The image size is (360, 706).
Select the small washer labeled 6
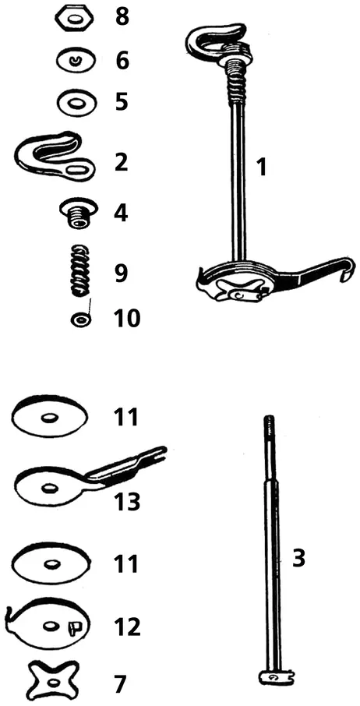point(76,61)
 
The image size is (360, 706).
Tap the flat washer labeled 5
point(76,103)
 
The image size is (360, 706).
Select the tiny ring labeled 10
point(82,319)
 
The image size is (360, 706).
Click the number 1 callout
point(260,168)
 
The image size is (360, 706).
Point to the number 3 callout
point(298,558)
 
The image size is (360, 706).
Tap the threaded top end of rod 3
point(268,430)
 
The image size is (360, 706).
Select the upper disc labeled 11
point(50,416)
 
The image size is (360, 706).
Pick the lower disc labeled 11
point(51,563)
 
